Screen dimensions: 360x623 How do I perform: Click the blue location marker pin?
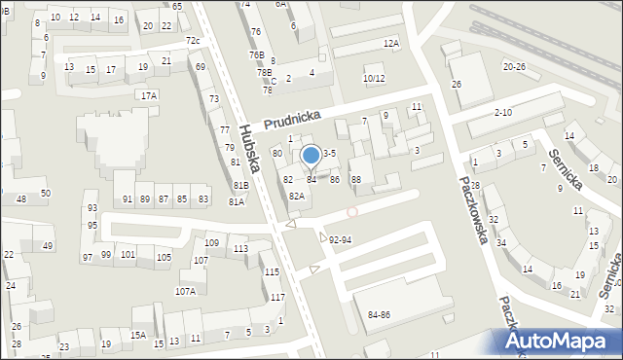311,156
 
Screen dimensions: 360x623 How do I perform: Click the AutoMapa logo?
559,341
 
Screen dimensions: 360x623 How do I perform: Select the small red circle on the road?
352,211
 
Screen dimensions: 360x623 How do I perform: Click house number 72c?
193,41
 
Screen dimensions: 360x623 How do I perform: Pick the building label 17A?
148,95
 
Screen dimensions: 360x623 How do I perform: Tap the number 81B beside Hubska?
239,185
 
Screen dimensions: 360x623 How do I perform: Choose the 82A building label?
296,196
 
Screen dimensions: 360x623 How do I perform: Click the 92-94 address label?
341,239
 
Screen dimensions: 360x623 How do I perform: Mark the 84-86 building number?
379,315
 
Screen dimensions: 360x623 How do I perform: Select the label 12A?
391,43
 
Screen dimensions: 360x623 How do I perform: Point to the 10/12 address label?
374,78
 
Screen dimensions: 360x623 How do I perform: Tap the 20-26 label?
515,66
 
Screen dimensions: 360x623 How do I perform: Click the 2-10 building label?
502,113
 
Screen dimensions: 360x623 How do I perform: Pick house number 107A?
185,291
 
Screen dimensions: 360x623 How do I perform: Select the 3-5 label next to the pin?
330,153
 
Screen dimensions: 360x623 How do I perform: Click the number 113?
240,249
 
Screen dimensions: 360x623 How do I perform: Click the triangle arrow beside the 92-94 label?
323,236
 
